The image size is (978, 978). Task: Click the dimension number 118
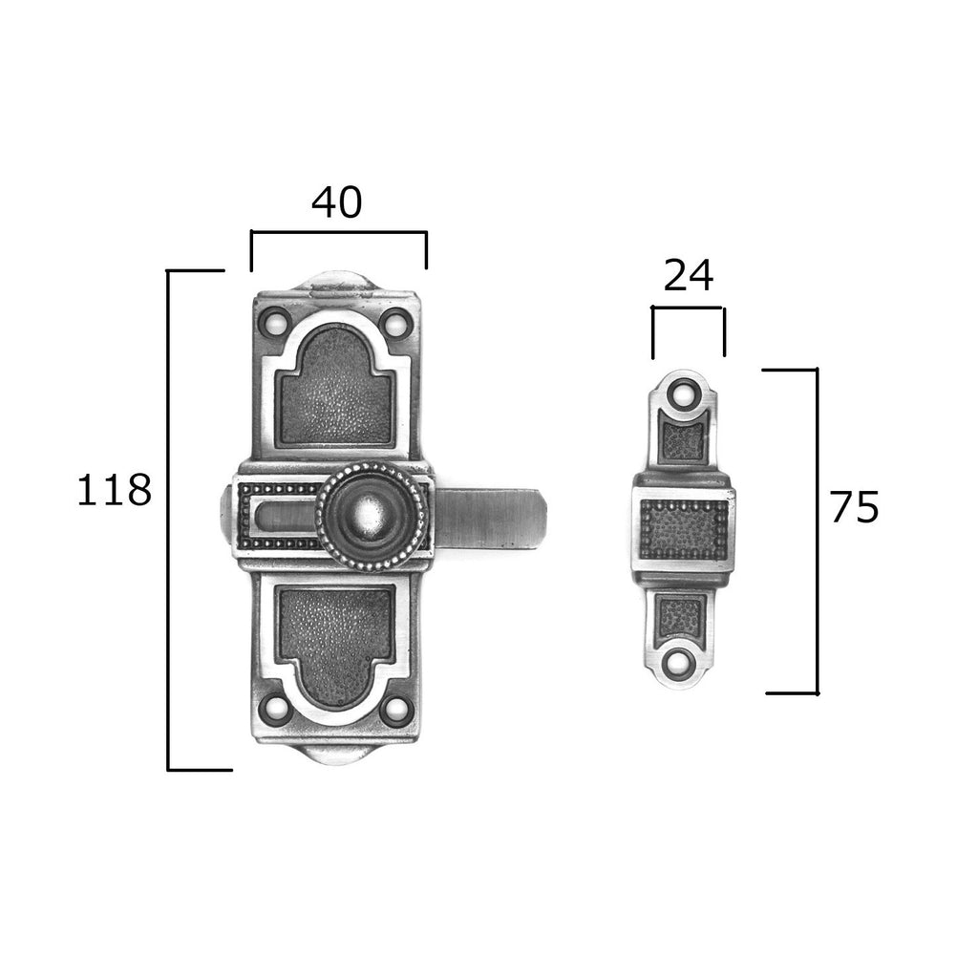pos(115,490)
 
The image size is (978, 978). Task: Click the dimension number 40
pos(337,202)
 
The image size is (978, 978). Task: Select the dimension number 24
pos(688,276)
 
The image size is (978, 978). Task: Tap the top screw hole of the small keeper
pos(684,394)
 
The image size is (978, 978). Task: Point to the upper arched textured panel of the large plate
pos(335,387)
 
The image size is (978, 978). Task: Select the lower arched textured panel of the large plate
pos(335,646)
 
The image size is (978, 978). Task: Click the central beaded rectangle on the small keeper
pos(684,529)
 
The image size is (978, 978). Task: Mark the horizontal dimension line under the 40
pos(339,233)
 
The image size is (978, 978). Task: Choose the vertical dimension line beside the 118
pos(168,521)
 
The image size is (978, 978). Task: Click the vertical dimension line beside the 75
pos(817,531)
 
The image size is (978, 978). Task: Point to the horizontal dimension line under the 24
pos(688,308)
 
